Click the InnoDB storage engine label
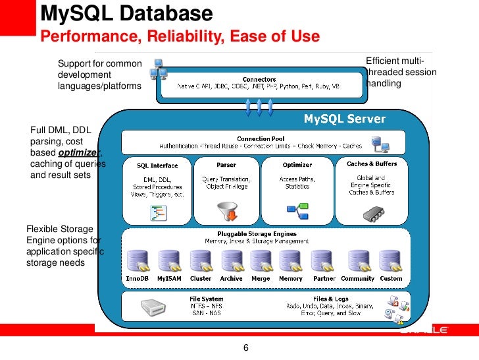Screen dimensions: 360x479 137,278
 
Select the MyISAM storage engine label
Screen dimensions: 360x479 169,278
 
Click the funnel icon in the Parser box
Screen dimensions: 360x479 226,211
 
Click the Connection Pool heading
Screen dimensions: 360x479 261,138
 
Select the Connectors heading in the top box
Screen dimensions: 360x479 259,79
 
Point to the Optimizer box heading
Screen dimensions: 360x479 297,165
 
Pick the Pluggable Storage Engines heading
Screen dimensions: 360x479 257,234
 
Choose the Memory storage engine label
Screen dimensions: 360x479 291,278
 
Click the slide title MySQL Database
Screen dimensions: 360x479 127,13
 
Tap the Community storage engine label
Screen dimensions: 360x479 357,278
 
